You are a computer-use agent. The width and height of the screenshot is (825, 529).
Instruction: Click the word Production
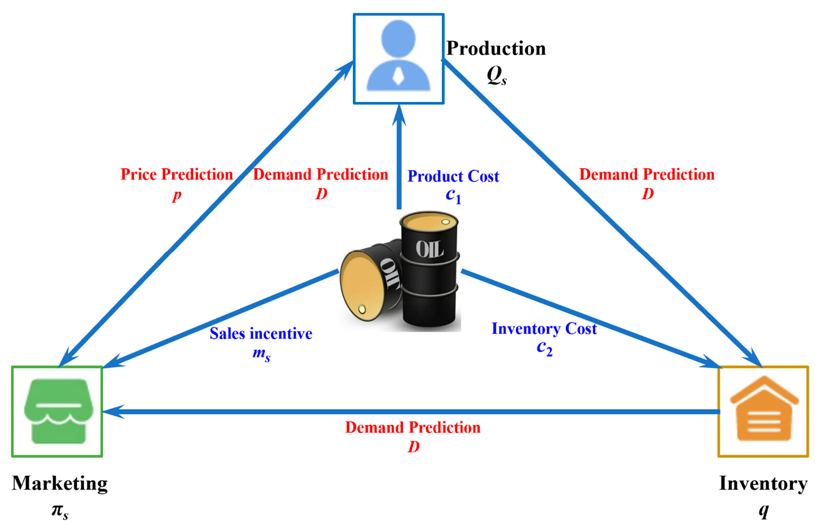[496, 48]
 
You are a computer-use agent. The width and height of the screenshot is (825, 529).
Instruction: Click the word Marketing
[60, 483]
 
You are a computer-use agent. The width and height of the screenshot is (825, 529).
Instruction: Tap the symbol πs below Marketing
[60, 511]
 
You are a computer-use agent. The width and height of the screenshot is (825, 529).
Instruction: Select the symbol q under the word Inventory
[764, 510]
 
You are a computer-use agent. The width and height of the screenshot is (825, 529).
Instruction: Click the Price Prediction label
[176, 174]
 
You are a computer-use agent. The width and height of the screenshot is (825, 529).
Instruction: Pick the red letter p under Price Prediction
[176, 194]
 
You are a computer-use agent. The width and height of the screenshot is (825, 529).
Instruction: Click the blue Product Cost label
[453, 176]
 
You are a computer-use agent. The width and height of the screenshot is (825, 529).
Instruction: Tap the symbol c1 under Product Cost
[453, 195]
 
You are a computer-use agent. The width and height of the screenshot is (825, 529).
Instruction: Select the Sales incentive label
[261, 334]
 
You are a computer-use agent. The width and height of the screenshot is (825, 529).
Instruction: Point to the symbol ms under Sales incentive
[261, 354]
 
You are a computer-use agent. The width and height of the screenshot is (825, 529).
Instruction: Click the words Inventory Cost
[544, 328]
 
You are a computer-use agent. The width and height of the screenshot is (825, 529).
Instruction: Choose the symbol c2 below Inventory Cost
[544, 348]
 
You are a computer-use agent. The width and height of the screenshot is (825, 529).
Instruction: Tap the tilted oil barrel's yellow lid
[362, 285]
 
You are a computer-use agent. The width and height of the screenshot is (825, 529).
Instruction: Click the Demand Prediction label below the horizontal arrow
[412, 427]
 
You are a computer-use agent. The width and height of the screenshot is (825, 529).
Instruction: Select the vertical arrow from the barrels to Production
[399, 158]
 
